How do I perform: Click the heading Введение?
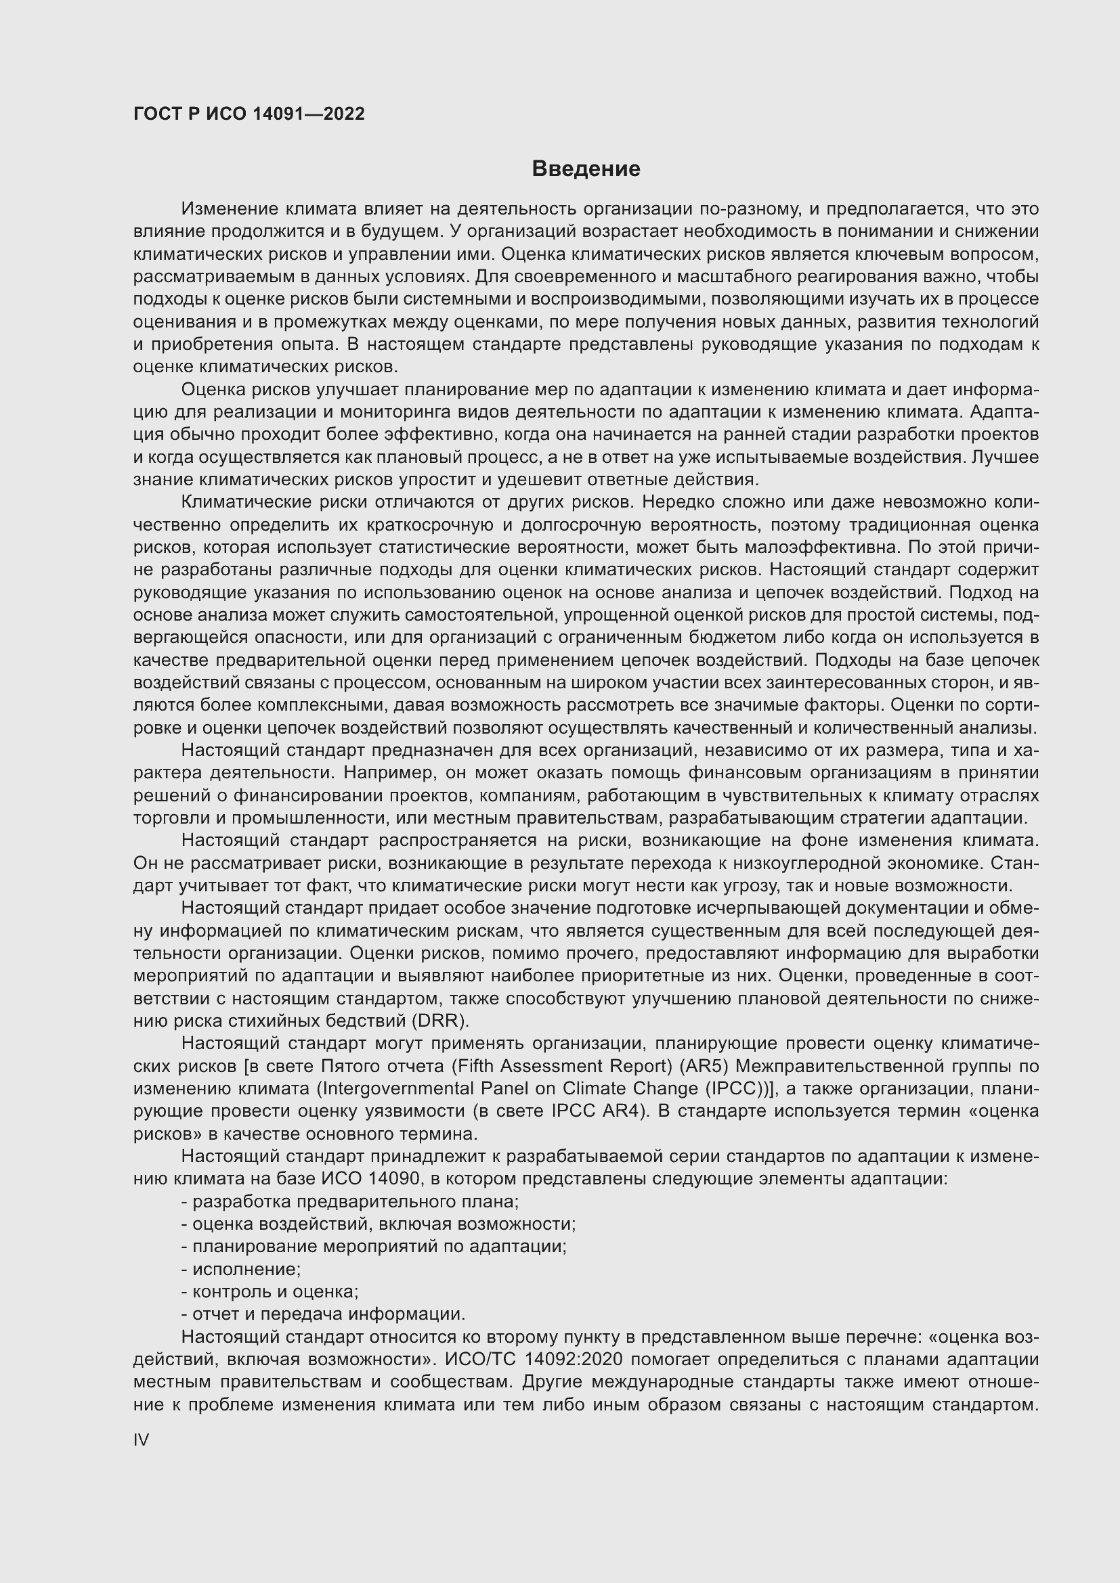coord(586,169)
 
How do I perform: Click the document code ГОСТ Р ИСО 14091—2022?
coord(249,114)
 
